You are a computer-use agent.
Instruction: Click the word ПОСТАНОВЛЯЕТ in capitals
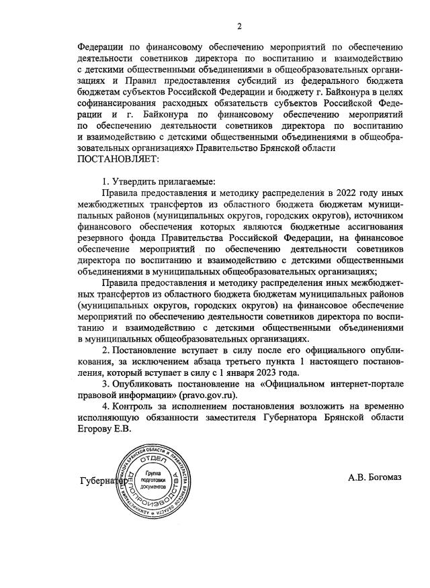tap(120, 159)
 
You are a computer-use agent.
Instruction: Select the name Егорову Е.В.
tap(106, 429)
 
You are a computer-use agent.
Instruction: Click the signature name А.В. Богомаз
tap(375, 477)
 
